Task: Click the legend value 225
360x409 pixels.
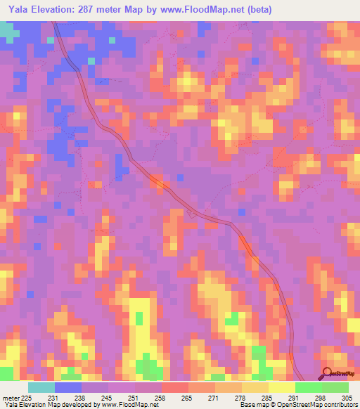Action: [26, 397]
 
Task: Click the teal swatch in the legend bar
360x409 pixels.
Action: [41, 387]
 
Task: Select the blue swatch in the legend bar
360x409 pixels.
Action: [68, 387]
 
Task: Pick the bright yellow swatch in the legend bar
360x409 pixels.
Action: [282, 387]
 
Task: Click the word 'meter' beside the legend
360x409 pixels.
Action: [11, 397]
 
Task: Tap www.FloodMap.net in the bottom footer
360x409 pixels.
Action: [130, 405]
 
